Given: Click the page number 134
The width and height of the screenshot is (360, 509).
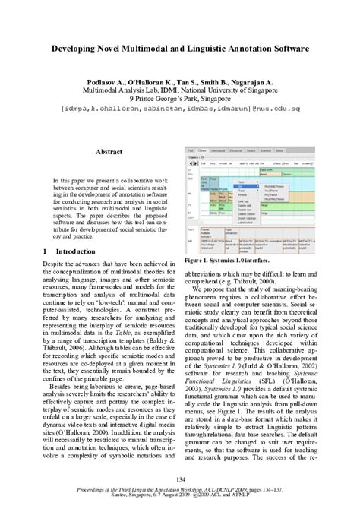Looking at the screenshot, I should (180, 477).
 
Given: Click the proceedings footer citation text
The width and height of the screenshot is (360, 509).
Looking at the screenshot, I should (180, 492).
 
